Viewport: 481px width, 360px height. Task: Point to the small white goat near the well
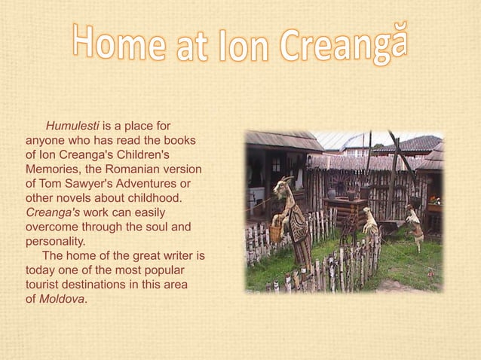click(x=370, y=221)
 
